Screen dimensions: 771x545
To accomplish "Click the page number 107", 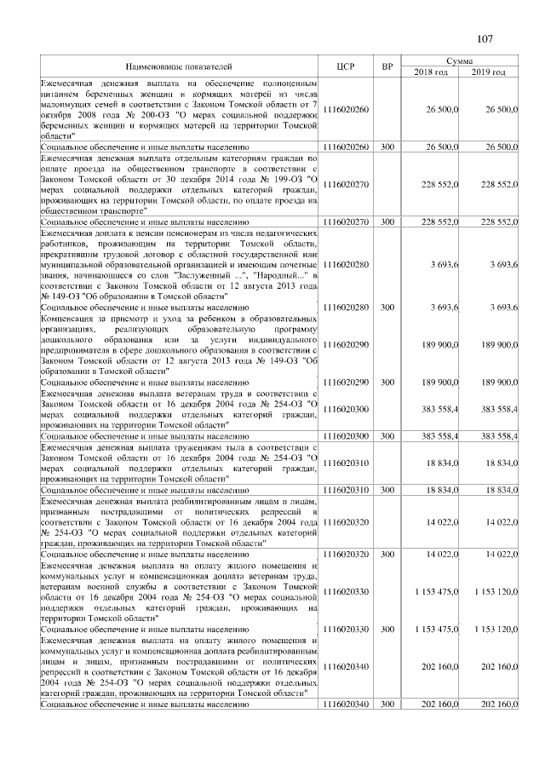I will (485, 38).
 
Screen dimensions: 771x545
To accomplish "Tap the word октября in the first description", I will (57, 115).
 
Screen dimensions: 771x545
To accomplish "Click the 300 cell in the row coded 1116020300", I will (387, 435).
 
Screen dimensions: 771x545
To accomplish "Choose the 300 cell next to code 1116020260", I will (387, 147).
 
